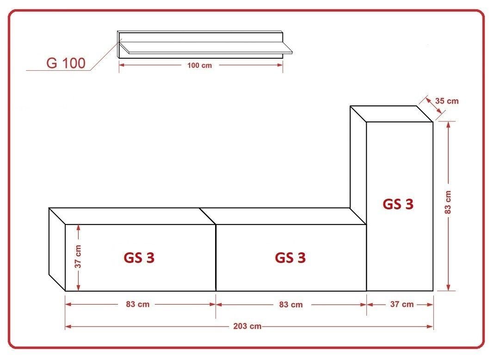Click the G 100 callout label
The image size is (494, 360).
tap(66, 63)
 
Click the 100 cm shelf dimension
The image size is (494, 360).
tap(199, 66)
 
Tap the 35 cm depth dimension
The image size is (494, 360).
tap(447, 101)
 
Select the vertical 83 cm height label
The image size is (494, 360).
tap(448, 202)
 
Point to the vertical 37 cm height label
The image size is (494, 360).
tap(78, 256)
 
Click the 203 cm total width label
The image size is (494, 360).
tap(247, 326)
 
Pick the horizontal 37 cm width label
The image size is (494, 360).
tap(401, 304)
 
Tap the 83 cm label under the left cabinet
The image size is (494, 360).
tap(138, 304)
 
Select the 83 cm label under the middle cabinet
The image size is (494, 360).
tap(291, 305)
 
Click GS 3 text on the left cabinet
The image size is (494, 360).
tap(139, 258)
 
